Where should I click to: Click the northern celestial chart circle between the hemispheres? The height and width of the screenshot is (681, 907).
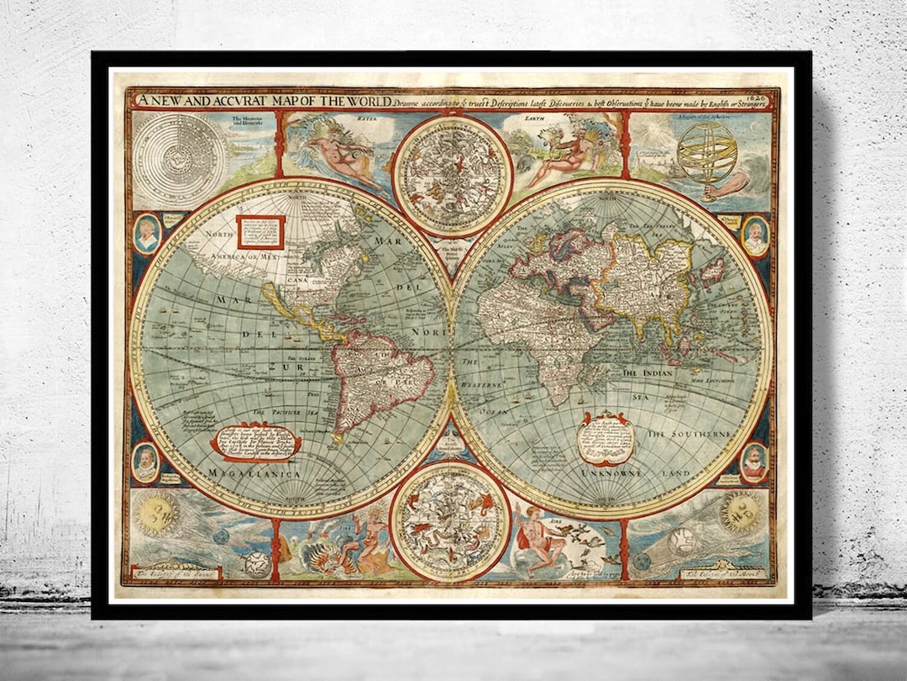click(x=453, y=176)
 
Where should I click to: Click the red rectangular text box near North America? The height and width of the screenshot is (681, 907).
click(x=260, y=231)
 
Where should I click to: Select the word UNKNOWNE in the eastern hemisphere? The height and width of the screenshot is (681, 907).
click(x=611, y=473)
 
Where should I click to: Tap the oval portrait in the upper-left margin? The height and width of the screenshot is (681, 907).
click(x=147, y=233)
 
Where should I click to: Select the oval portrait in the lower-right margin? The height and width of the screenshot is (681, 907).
click(x=753, y=462)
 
